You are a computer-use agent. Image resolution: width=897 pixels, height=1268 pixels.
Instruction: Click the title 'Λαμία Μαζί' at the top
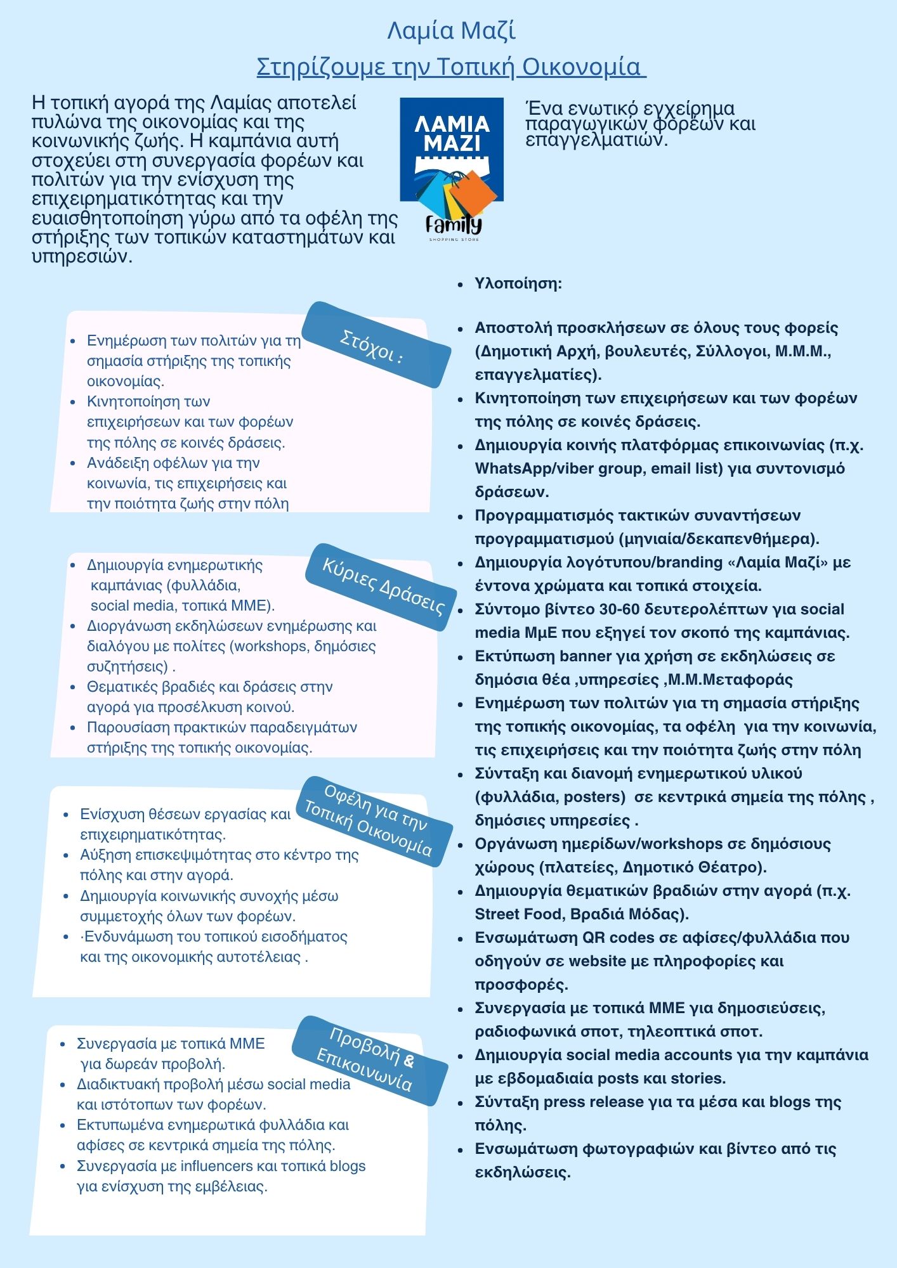451,30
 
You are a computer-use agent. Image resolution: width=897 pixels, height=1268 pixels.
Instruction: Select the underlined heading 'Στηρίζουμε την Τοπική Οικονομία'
451,67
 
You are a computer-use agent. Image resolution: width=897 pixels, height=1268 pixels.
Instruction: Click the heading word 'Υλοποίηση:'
518,283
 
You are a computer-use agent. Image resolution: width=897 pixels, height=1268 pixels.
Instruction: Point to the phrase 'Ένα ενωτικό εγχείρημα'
630,108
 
